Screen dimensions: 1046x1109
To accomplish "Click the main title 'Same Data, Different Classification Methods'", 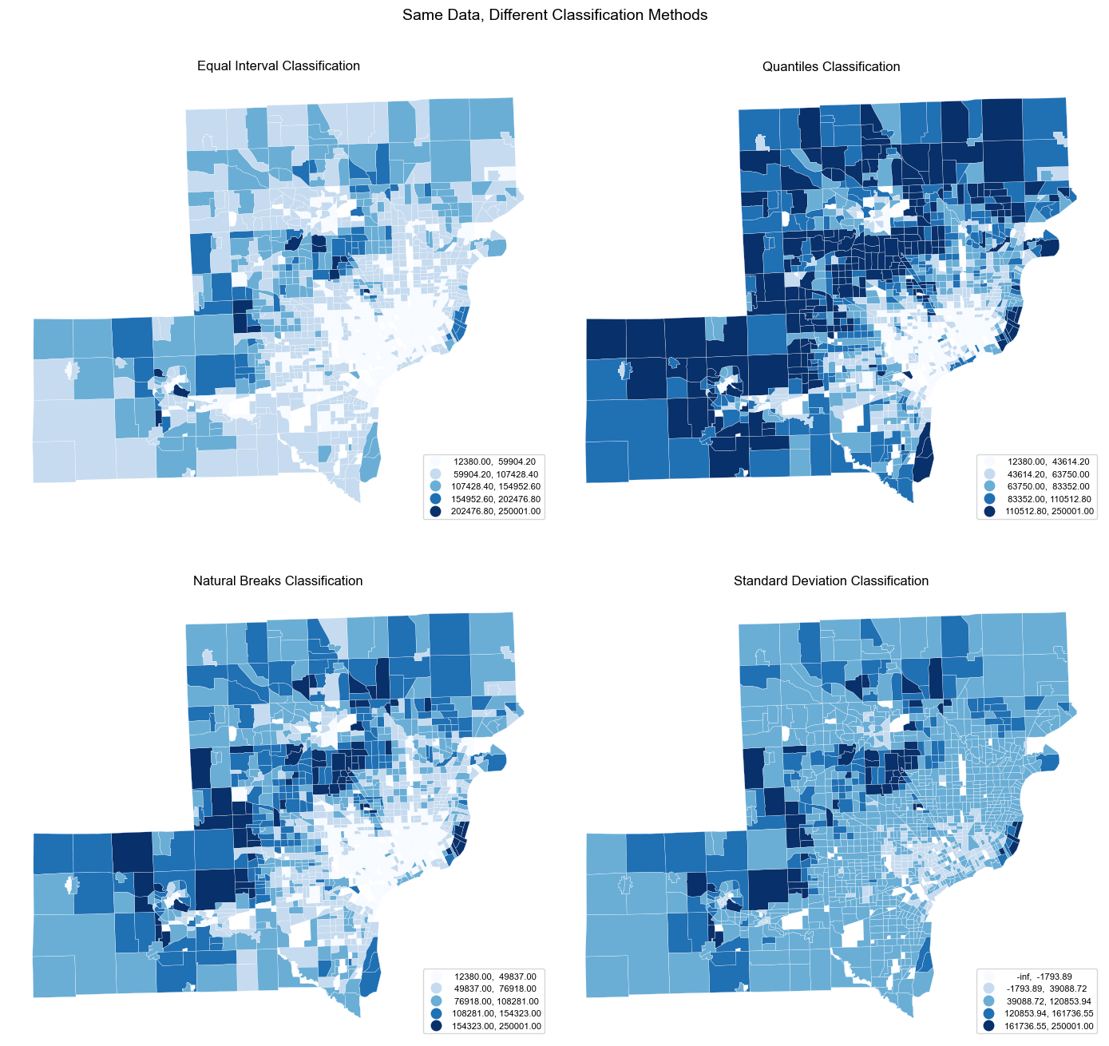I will (554, 15).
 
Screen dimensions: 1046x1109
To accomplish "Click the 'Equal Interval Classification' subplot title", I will (278, 66).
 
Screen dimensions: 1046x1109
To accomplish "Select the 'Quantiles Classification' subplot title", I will (831, 67).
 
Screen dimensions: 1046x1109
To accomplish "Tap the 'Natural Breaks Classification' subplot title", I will (278, 581).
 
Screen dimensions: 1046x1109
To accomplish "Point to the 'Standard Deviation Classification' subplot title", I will (831, 581).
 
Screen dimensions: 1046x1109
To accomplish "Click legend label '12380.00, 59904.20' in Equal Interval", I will (495, 462).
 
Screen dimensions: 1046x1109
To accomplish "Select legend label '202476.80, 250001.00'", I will (495, 512).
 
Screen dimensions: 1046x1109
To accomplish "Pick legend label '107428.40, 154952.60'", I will (495, 486).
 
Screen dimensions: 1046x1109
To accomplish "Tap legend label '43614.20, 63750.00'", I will (1048, 474).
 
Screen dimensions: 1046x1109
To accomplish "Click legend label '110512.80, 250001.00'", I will (1048, 512).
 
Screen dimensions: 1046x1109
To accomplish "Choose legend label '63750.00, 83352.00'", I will (1048, 486).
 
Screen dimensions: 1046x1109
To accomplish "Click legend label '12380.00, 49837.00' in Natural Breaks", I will (495, 977).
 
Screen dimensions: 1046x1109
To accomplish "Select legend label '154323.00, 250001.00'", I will (495, 1027).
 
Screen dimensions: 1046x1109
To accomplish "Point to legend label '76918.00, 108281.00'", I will (495, 1001).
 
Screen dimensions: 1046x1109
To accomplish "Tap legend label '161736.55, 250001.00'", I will (1048, 1027).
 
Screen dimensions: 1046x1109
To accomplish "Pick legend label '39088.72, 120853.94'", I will (1048, 1001).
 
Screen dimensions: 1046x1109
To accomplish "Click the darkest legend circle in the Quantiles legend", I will (989, 512).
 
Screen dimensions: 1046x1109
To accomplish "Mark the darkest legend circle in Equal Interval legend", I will (435, 512).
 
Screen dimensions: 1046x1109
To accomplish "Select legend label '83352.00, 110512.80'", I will (1048, 499).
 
